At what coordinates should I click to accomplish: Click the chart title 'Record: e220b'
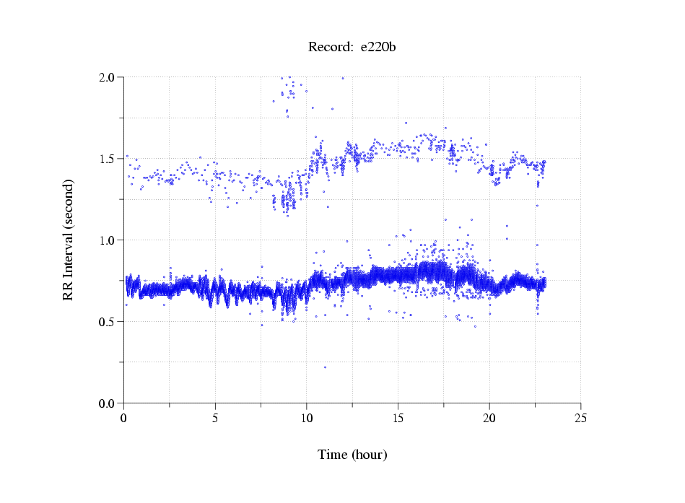pyautogui.click(x=352, y=48)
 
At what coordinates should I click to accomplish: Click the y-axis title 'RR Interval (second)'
pyautogui.click(x=68, y=240)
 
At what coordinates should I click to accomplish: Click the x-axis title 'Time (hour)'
pyautogui.click(x=352, y=455)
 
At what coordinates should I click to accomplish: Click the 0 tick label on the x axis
pyautogui.click(x=124, y=418)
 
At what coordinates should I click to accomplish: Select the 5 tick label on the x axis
pyautogui.click(x=215, y=418)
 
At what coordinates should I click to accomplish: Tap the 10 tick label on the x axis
pyautogui.click(x=306, y=418)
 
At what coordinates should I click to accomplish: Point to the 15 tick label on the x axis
pyautogui.click(x=398, y=418)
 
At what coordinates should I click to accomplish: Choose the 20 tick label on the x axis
pyautogui.click(x=489, y=418)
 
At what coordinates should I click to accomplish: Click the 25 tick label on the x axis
pyautogui.click(x=580, y=418)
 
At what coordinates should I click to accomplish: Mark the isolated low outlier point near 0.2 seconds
pyautogui.click(x=325, y=367)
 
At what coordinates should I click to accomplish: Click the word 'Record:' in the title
pyautogui.click(x=329, y=48)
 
